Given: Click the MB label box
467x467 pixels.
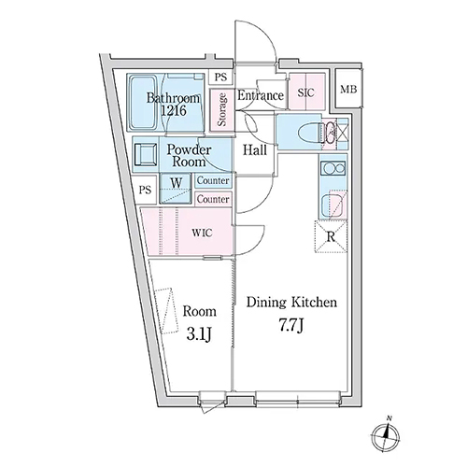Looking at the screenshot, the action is (x=348, y=90).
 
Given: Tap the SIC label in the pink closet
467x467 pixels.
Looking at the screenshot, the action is (x=305, y=92).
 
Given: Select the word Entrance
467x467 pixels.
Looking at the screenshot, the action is (x=261, y=95).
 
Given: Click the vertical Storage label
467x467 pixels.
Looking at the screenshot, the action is (x=222, y=109).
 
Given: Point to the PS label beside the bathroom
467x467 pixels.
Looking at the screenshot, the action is (x=220, y=77).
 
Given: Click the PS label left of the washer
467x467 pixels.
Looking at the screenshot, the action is (x=145, y=190).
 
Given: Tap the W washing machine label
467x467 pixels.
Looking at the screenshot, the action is (x=177, y=183).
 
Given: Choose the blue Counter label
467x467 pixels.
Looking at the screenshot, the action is (x=213, y=180).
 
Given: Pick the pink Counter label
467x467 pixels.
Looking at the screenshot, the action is (x=213, y=199).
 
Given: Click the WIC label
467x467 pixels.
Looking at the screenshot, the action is (x=202, y=233).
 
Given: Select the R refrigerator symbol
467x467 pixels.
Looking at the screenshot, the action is (x=331, y=236).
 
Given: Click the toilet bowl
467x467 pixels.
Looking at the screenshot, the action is (x=309, y=134).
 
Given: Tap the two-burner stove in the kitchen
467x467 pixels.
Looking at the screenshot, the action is (x=333, y=169).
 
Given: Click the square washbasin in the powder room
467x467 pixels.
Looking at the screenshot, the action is (x=145, y=154).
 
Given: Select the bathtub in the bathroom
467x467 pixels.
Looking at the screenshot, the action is (x=143, y=103).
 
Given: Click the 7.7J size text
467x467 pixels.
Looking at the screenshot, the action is (x=290, y=327).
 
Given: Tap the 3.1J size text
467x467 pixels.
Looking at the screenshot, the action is (x=200, y=334).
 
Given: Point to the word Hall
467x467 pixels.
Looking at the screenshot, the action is (x=255, y=150).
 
